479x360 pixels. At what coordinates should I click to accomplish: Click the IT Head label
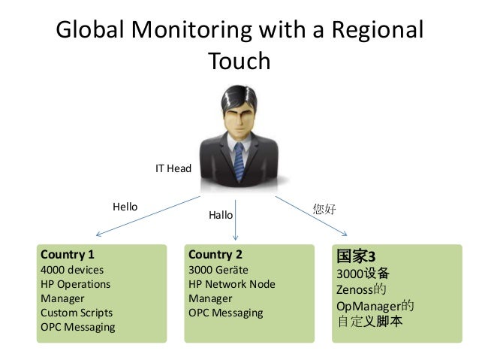click(x=173, y=169)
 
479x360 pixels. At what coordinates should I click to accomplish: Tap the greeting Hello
click(x=125, y=206)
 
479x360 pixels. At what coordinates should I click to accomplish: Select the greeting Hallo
click(x=221, y=215)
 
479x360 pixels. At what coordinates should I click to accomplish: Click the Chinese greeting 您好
click(x=324, y=209)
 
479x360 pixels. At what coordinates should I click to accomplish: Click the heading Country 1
click(x=68, y=254)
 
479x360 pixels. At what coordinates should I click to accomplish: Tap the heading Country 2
click(x=215, y=254)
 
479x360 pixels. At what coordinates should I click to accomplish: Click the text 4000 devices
click(x=72, y=269)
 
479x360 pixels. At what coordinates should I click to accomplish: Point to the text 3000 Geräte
click(x=218, y=269)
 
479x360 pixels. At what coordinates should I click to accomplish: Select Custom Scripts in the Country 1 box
click(x=77, y=313)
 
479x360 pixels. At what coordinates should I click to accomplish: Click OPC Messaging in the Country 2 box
click(x=226, y=313)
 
